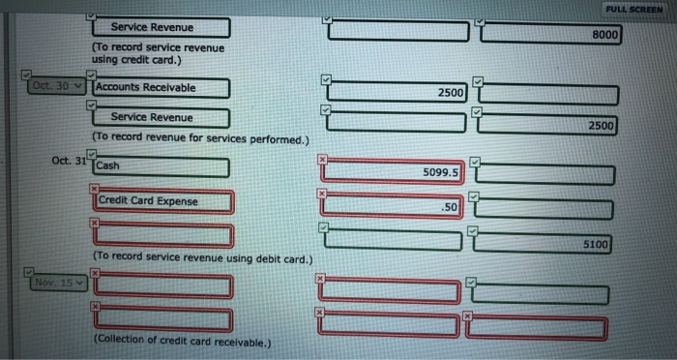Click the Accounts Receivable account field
[x=162, y=88]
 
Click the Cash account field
[x=162, y=166]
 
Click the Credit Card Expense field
[x=163, y=201]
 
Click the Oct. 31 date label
[x=68, y=161]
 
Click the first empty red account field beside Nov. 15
[x=163, y=285]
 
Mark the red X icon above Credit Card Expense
[x=95, y=189]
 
